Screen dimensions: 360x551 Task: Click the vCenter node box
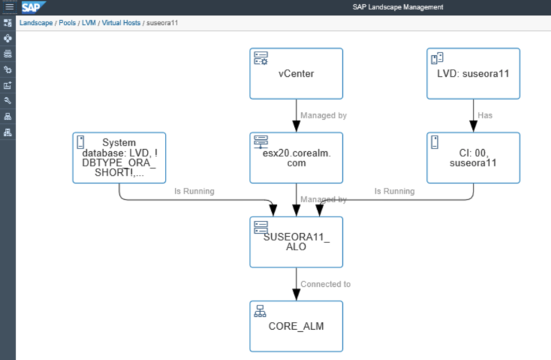click(x=296, y=73)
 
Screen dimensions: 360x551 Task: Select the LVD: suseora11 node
click(x=473, y=73)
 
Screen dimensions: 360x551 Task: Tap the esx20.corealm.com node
click(x=296, y=158)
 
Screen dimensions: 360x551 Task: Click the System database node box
click(x=119, y=158)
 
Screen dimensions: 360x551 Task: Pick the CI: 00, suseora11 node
click(x=473, y=158)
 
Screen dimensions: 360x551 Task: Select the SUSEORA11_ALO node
click(x=296, y=242)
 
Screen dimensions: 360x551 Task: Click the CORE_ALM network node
click(x=296, y=326)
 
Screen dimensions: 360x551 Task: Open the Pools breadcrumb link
click(x=67, y=23)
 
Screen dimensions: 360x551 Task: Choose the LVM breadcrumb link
click(x=89, y=23)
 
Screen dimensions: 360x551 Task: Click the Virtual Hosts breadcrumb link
click(x=120, y=23)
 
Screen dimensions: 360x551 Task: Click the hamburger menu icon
click(x=9, y=7)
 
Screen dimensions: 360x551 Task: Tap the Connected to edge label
click(x=325, y=284)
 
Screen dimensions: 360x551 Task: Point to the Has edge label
click(x=485, y=115)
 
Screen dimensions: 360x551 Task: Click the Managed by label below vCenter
click(x=323, y=115)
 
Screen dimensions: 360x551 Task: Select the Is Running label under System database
click(x=194, y=191)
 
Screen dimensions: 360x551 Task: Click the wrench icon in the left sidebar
click(x=8, y=100)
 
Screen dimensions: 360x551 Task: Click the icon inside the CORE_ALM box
click(x=260, y=311)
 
